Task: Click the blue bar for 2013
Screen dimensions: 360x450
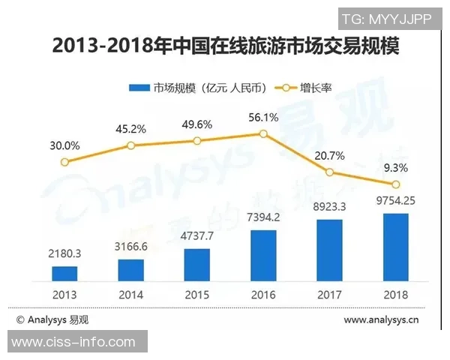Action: [x=64, y=273]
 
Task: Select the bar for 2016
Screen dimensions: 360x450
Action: [x=263, y=255]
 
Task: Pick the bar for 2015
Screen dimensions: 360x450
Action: [x=197, y=264]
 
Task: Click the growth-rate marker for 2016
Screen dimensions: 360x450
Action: [x=263, y=133]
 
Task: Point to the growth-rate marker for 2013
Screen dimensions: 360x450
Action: [x=64, y=161]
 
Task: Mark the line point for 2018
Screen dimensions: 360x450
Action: [x=396, y=184]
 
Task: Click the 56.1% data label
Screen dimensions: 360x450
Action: [x=263, y=117]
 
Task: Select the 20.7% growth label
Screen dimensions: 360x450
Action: [x=330, y=154]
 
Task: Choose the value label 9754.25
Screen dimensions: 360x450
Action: [x=396, y=201]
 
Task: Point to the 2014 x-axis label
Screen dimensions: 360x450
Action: [x=131, y=294]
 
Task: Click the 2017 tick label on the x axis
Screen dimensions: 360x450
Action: [x=330, y=294]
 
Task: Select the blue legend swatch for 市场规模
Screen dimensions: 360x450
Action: [x=139, y=87]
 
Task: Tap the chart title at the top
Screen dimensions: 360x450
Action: [x=225, y=46]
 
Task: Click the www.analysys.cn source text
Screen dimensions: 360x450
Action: [x=382, y=320]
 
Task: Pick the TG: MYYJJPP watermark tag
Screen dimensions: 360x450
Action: [x=386, y=19]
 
